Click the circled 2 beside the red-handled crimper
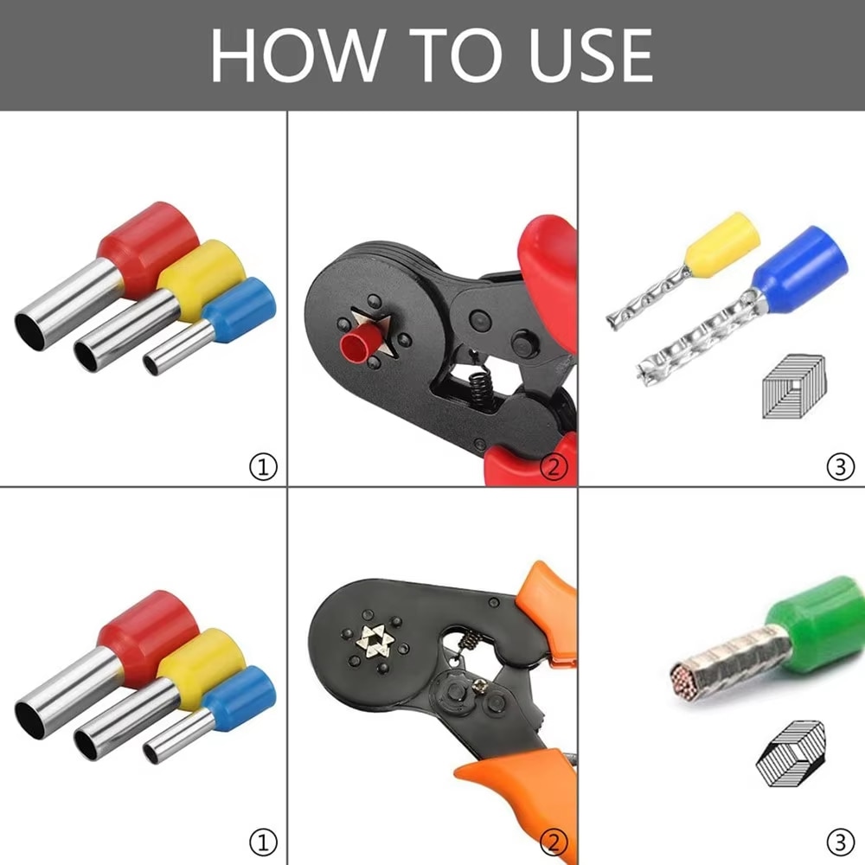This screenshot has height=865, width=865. click(553, 468)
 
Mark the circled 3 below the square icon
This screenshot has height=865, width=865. click(840, 468)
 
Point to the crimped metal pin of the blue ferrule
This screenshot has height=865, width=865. click(692, 347)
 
